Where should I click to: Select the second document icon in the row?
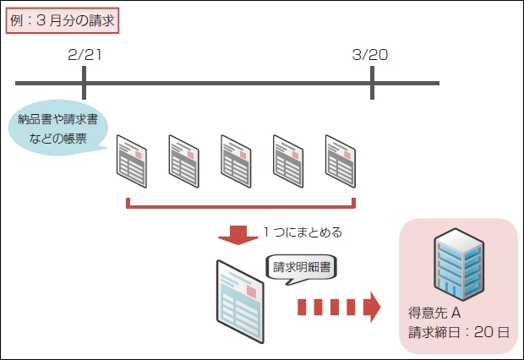[184, 160]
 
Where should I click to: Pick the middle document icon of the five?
[237, 160]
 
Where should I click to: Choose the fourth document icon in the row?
[289, 160]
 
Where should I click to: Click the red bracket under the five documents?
[240, 205]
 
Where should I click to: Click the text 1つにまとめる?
[303, 232]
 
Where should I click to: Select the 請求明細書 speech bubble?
[302, 268]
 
